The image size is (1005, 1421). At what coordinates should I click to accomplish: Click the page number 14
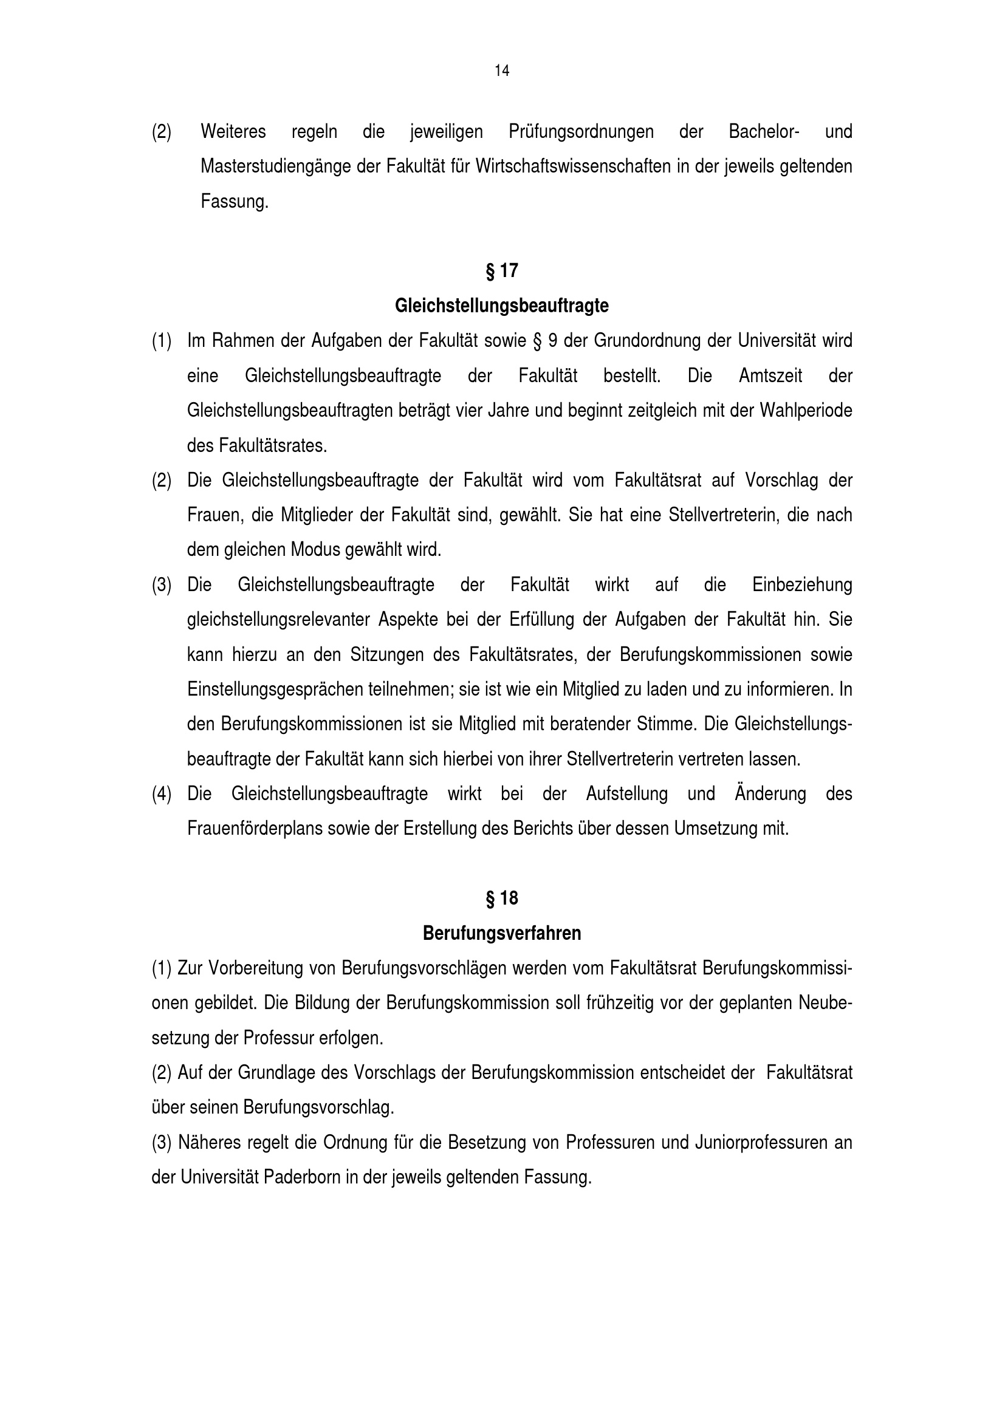(x=502, y=71)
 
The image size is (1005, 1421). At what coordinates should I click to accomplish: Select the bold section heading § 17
(x=502, y=271)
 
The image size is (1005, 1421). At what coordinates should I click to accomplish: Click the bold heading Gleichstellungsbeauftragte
(x=502, y=306)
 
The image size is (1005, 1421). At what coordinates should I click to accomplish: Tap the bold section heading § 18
(x=502, y=898)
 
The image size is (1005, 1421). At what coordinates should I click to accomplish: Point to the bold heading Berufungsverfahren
(x=502, y=933)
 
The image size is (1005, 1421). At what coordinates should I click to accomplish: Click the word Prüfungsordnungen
(x=581, y=132)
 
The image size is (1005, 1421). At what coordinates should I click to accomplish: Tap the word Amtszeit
(x=770, y=376)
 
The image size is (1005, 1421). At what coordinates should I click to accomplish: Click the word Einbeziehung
(x=802, y=585)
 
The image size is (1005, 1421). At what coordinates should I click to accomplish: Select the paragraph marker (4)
(x=162, y=794)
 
